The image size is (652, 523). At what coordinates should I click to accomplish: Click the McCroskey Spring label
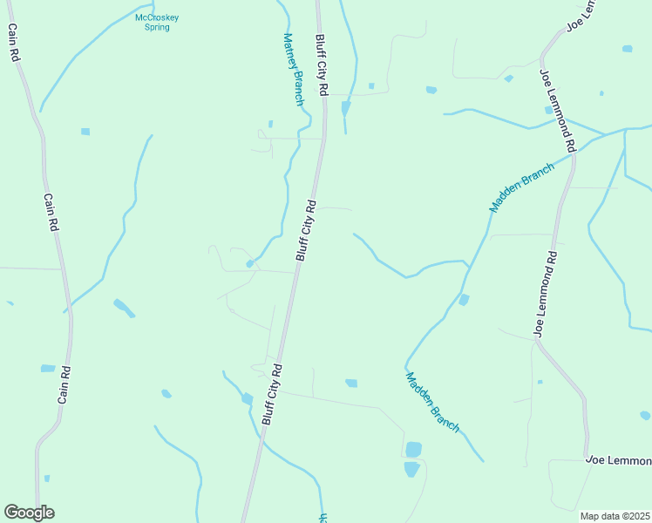[158, 22]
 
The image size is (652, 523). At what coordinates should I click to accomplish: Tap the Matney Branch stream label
[293, 70]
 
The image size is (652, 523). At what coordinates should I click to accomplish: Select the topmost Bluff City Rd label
[321, 65]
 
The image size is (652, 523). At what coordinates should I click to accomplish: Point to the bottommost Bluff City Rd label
[272, 394]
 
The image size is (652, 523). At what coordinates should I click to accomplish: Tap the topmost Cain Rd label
[13, 42]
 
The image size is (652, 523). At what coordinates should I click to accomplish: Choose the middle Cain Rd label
[51, 212]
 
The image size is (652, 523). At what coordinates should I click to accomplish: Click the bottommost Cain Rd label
[64, 384]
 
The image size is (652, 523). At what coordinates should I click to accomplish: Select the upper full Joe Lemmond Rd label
[559, 109]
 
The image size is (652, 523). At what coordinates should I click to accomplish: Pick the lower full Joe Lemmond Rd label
[546, 295]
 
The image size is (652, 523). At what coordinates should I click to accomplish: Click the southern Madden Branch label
[432, 401]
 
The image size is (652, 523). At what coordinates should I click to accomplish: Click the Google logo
[29, 513]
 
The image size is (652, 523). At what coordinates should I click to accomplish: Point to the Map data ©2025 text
[615, 516]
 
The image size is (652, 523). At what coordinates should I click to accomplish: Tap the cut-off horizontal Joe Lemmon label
[618, 460]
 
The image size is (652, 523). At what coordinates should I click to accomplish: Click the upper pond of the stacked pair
[413, 450]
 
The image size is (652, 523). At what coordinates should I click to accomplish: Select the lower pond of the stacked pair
[411, 469]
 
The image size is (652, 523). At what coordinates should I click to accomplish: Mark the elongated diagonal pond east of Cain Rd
[124, 307]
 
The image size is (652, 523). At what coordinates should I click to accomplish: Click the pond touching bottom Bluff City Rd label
[248, 399]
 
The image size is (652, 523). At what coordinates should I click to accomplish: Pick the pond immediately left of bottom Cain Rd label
[47, 369]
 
